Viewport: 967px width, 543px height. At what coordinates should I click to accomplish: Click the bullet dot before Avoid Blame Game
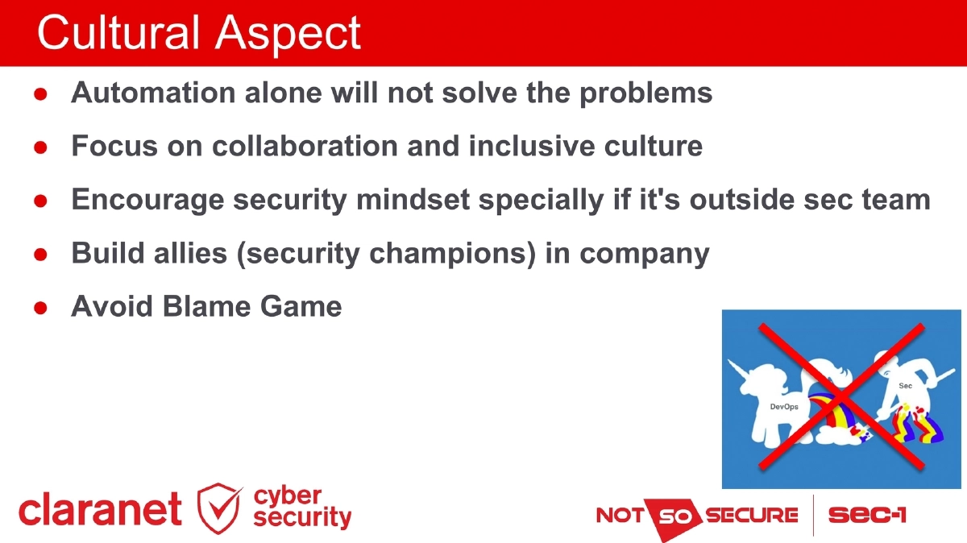40,308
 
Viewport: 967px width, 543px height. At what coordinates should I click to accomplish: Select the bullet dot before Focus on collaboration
40,147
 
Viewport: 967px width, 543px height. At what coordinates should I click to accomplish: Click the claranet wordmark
100,511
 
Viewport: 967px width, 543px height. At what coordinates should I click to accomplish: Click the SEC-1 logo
867,514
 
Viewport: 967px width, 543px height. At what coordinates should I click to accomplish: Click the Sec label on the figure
905,386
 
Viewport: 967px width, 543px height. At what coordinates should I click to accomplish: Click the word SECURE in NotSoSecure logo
751,514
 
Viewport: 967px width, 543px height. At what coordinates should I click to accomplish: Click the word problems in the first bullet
649,93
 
